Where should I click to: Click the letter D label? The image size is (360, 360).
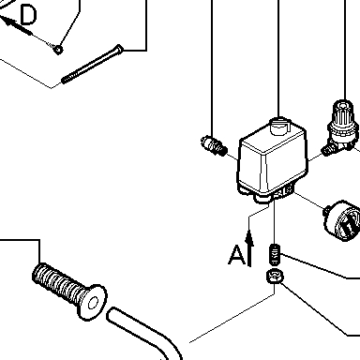pos(28,15)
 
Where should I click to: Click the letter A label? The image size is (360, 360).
pos(236,255)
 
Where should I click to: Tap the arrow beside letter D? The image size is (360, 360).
pos(16,25)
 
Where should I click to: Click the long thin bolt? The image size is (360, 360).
pos(92,64)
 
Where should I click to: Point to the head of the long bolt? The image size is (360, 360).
pos(119,49)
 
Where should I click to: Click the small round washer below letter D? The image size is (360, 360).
pos(58,50)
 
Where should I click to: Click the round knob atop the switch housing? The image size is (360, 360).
pos(280,126)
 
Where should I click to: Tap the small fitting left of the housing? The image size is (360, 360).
pos(214,145)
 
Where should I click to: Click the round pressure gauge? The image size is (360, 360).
pos(342,220)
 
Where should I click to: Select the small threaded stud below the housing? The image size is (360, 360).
pos(275,254)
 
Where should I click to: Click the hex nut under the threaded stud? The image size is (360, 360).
pos(275,277)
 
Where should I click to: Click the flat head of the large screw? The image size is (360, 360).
pos(93,303)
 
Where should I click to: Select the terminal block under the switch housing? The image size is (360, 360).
pos(283,191)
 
